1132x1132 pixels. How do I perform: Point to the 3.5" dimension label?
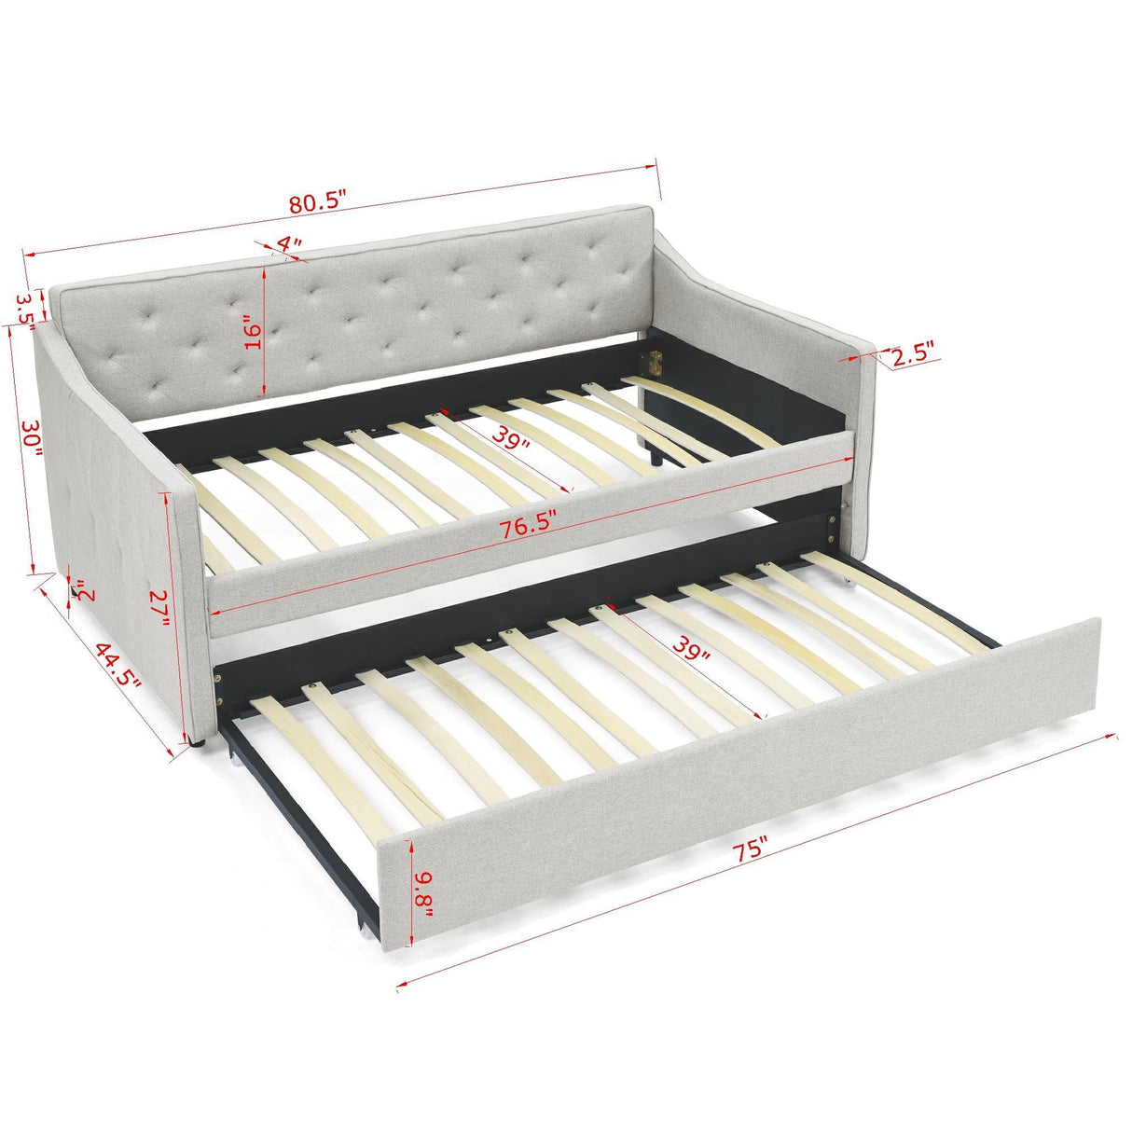coord(25,307)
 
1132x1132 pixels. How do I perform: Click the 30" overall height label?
coord(31,437)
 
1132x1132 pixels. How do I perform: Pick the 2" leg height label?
coord(86,591)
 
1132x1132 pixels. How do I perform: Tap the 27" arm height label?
coord(159,607)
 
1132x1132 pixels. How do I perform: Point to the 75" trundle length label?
coord(749,849)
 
